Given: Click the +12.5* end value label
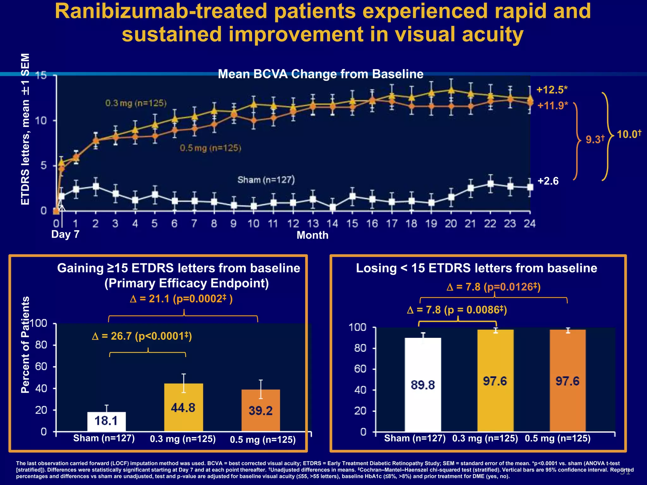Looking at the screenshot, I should pos(552,90).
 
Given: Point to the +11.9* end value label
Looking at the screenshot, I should pos(553,105).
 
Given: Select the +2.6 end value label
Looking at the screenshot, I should pos(548,181).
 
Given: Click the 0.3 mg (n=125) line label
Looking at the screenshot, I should pos(136,103).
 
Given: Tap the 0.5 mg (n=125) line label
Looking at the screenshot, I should pos(210,148).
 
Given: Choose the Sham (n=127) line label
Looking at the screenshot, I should pos(266,180).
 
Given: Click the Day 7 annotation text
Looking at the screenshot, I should pos(65,234).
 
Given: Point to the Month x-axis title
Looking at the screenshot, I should pos(312,235).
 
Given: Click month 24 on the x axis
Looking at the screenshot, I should pos(529,224).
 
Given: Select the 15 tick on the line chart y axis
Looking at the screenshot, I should pos(41,75).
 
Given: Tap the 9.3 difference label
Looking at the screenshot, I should pos(595,139).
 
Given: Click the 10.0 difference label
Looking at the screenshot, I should pos(629,134).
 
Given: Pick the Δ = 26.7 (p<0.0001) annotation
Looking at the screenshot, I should pos(142,336).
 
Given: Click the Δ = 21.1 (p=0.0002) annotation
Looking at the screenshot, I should pos(181,299).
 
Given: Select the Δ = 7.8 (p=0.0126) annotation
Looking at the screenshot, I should pos(493,287).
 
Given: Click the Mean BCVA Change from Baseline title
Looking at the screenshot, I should pos(321,74).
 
